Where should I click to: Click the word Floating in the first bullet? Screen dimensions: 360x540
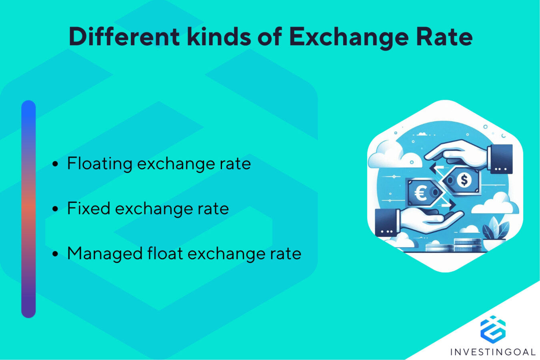click(100, 164)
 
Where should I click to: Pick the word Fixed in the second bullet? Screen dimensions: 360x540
click(88, 208)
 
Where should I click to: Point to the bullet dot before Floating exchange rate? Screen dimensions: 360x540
click(55, 164)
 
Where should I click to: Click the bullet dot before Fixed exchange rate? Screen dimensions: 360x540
click(55, 209)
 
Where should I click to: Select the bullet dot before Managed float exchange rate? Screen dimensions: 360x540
click(55, 254)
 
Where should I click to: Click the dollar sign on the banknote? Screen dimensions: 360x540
click(464, 180)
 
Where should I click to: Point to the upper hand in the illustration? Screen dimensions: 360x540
click(460, 154)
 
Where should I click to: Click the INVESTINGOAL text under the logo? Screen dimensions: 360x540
click(493, 352)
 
